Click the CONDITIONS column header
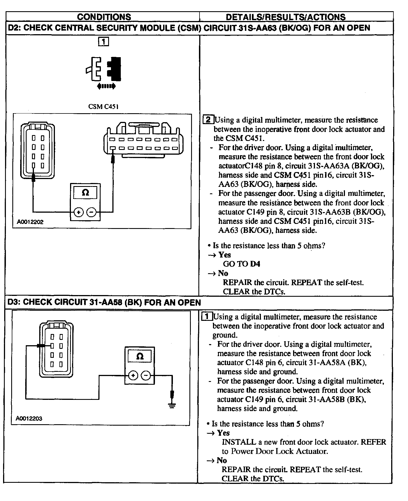[x=104, y=17]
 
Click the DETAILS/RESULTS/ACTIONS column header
[x=286, y=17]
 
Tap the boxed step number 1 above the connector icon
[x=104, y=42]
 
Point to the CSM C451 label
[x=103, y=106]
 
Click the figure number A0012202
[x=30, y=222]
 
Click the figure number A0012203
[x=29, y=418]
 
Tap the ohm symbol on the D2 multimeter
[x=85, y=192]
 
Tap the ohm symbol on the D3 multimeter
[x=139, y=356]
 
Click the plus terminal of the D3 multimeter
[x=133, y=375]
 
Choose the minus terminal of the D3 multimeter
[x=146, y=375]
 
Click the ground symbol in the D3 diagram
[x=172, y=405]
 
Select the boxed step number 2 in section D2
[x=208, y=120]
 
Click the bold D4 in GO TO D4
[x=255, y=264]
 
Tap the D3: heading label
[x=14, y=302]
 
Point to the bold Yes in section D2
[x=224, y=255]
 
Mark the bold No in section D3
[x=222, y=460]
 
